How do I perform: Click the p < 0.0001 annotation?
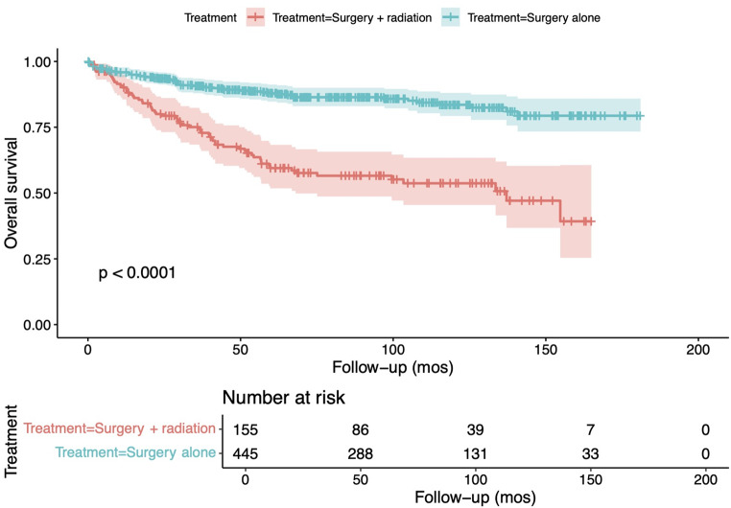[x=137, y=273]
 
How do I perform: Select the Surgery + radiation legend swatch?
[x=255, y=17]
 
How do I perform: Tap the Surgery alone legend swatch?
[x=450, y=17]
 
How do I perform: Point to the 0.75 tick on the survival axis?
[x=55, y=127]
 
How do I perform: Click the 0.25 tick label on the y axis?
[x=36, y=259]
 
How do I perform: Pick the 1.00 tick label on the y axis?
[x=36, y=61]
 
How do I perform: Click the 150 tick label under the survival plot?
[x=546, y=350]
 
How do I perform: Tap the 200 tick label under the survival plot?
[x=697, y=350]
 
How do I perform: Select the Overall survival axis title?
[x=12, y=193]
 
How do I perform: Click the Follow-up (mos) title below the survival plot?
[x=392, y=368]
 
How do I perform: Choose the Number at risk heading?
[x=283, y=398]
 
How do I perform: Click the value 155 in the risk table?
[x=246, y=429]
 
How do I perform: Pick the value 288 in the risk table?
[x=361, y=453]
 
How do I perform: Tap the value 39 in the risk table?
[x=476, y=429]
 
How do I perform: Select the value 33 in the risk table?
[x=590, y=453]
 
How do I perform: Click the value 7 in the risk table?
[x=591, y=429]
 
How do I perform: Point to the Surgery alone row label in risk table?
[x=135, y=452]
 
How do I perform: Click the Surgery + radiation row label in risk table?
[x=120, y=428]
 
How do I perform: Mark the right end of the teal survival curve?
[x=644, y=116]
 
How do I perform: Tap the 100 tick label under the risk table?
[x=476, y=479]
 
